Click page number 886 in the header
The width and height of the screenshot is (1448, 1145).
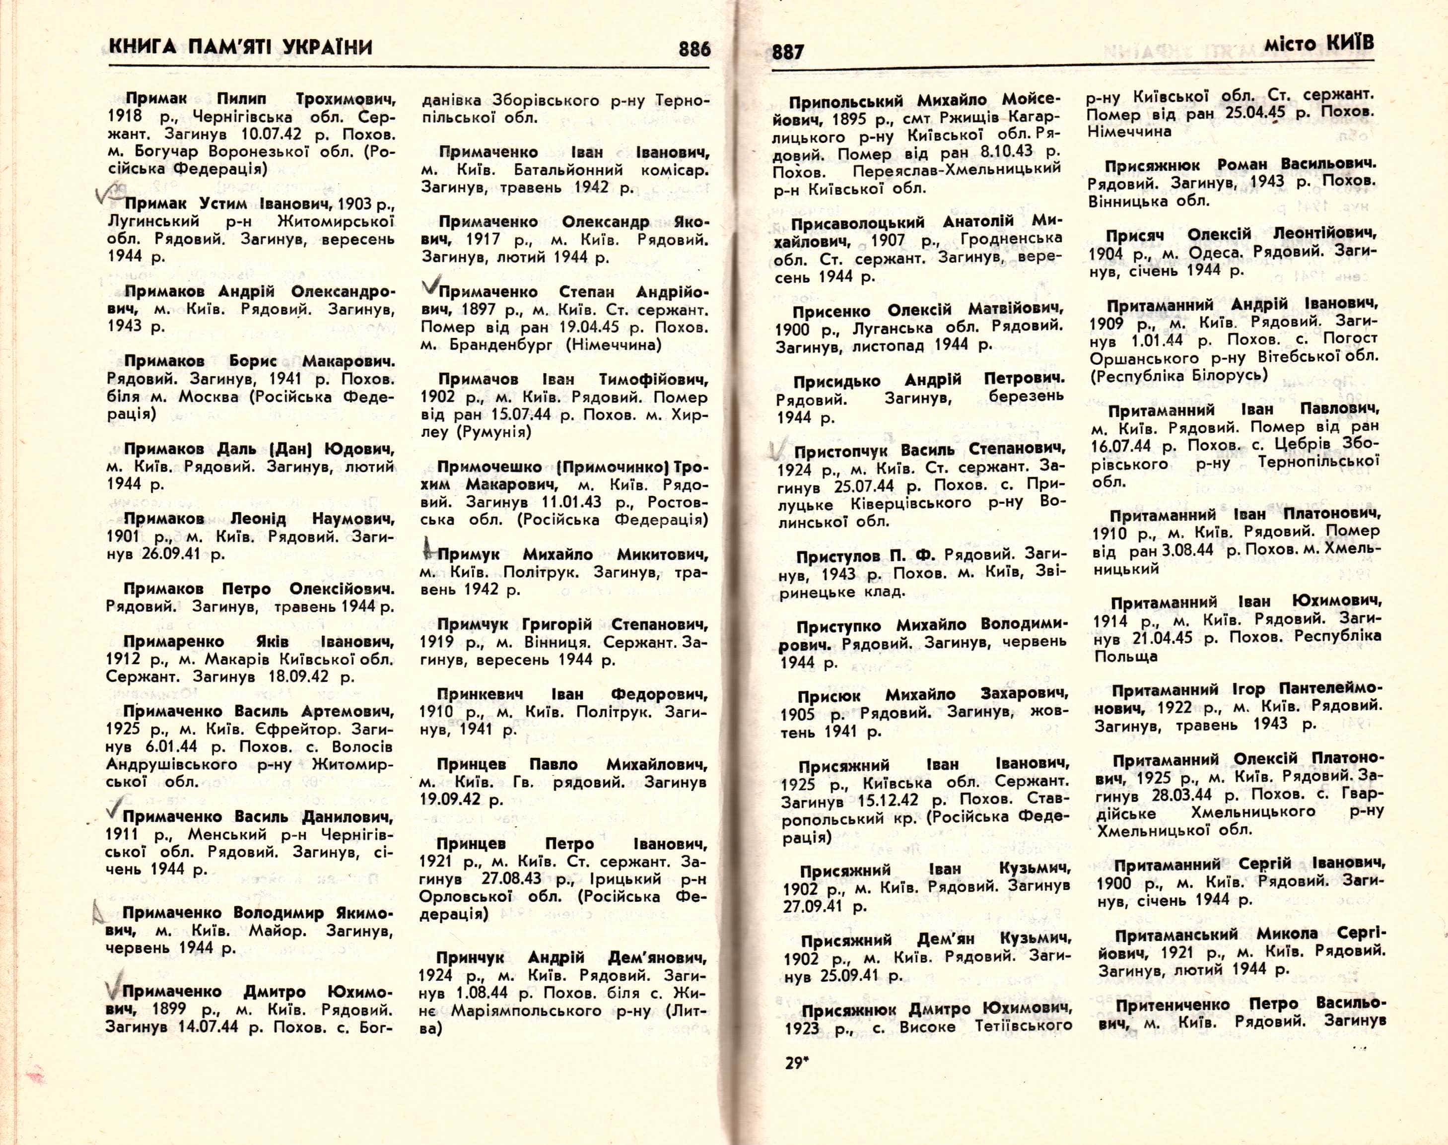pyautogui.click(x=694, y=49)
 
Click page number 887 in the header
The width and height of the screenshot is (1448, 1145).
pyautogui.click(x=788, y=52)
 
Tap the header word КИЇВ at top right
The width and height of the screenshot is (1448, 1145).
pyautogui.click(x=1349, y=44)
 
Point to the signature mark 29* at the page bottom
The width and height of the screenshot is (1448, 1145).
pyautogui.click(x=795, y=1063)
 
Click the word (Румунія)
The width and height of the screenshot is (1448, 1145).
pyautogui.click(x=493, y=432)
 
